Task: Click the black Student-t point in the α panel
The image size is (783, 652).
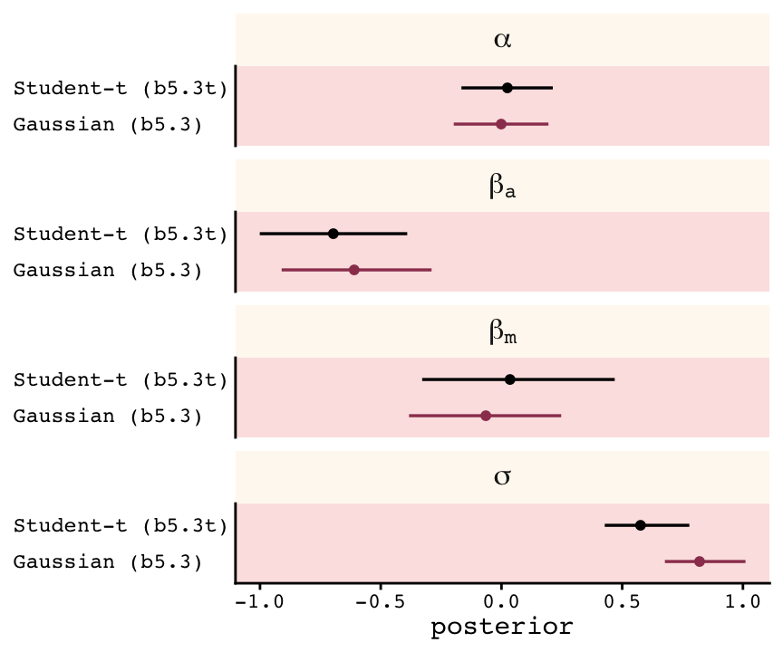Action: (507, 88)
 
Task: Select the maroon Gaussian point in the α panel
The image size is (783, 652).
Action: (501, 124)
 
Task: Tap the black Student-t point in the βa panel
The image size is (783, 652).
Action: (333, 234)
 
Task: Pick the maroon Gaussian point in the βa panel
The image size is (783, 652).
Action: (354, 270)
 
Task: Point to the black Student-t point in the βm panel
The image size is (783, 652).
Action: (510, 379)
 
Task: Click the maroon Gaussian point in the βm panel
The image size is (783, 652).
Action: (486, 416)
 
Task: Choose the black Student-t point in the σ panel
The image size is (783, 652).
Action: (641, 525)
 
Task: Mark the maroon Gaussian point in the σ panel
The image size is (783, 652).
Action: (700, 561)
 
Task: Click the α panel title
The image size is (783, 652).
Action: (502, 40)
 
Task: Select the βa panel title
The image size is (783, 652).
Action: (503, 187)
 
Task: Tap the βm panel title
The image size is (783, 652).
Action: (503, 332)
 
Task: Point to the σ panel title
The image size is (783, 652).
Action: (502, 477)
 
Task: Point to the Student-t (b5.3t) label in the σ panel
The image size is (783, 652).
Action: (120, 525)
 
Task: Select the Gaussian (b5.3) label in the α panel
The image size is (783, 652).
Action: (107, 124)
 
